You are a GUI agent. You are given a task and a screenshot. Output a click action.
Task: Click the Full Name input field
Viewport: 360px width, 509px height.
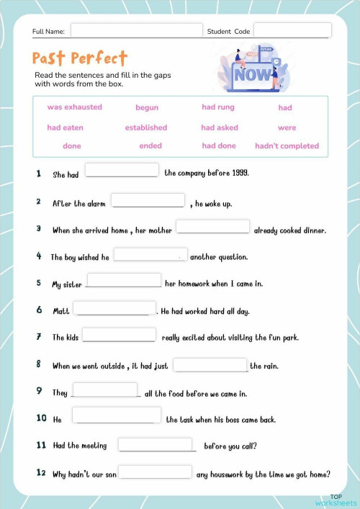[x=136, y=31]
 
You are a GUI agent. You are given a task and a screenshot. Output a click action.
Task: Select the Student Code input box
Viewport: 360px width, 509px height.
[x=292, y=30]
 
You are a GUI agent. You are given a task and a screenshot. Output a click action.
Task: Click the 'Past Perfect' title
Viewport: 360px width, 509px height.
[x=80, y=58]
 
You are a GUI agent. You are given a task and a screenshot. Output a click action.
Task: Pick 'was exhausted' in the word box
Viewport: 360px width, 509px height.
[x=75, y=107]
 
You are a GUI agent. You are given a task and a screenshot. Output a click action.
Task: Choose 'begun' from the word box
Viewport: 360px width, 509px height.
[x=147, y=108]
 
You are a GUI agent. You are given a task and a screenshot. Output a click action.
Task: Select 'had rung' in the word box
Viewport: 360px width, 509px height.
[x=218, y=107]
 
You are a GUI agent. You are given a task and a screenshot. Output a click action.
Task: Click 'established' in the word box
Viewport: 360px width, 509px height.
[x=146, y=127]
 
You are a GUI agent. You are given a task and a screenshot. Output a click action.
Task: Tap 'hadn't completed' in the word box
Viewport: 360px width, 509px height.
[x=287, y=146]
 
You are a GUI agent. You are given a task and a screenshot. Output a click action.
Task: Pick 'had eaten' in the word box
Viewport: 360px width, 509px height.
[x=66, y=127]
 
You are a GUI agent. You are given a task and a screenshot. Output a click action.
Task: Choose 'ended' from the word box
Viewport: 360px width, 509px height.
[x=150, y=146]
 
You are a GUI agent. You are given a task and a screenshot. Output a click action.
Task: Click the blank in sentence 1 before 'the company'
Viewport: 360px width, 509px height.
[x=122, y=170]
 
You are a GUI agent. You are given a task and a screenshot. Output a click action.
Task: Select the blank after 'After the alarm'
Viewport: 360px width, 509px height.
[x=148, y=200]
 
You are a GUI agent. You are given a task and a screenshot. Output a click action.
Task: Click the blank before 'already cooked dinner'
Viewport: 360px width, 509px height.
[x=213, y=227]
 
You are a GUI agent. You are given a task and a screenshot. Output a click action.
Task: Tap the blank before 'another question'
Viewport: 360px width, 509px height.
[x=150, y=254]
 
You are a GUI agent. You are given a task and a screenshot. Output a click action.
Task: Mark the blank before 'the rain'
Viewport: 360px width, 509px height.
[x=210, y=364]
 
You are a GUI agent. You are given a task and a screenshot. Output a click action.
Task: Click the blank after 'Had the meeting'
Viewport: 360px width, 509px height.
[x=156, y=444]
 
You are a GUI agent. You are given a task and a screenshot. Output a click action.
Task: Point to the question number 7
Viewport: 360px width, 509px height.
[x=38, y=337]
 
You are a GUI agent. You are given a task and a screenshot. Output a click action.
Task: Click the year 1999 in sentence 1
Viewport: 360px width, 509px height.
[x=239, y=174]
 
